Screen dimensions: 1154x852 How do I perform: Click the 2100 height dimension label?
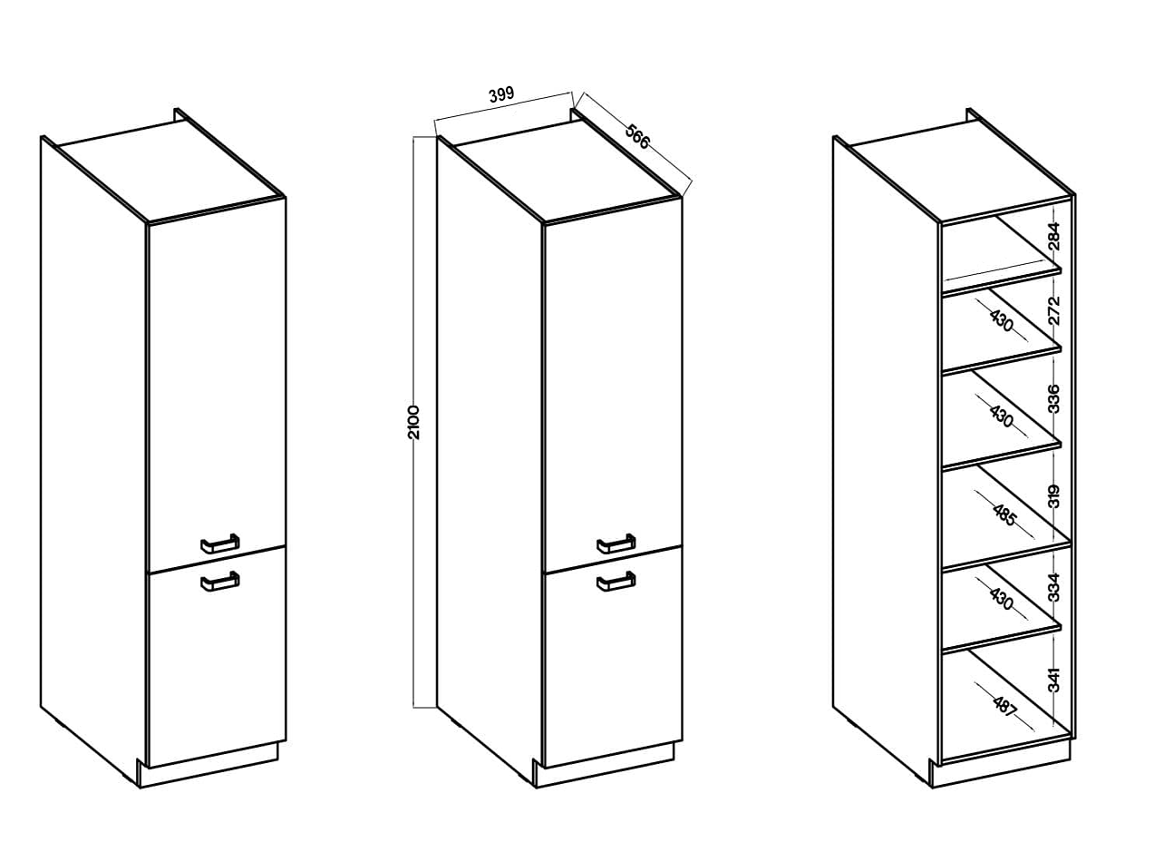coord(413,423)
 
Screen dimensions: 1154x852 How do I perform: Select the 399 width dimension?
coord(501,94)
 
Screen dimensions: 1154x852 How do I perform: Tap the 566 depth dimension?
coord(638,137)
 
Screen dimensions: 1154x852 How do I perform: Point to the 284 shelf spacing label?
coord(1054,237)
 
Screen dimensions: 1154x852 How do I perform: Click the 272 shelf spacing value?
coord(1054,310)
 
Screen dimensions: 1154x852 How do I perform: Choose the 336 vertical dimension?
coord(1054,398)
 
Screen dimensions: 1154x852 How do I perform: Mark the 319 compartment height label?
coord(1054,496)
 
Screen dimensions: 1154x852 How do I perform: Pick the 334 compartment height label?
coord(1054,587)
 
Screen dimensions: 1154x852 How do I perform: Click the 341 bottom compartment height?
coord(1054,680)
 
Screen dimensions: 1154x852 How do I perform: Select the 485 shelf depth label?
coord(1004,514)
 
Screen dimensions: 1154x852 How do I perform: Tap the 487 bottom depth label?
coord(1004,706)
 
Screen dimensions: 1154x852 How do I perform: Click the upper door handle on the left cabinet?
coord(220,544)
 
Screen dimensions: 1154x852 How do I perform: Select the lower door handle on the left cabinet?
coord(220,581)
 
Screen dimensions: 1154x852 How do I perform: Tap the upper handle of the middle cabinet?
coord(616,544)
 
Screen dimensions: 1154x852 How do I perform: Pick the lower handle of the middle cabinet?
coord(616,581)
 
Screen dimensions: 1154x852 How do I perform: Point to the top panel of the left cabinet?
coord(171,171)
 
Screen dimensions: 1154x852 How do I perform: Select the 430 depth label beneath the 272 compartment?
coord(1001,322)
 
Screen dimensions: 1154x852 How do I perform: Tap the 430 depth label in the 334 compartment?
coord(1001,599)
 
